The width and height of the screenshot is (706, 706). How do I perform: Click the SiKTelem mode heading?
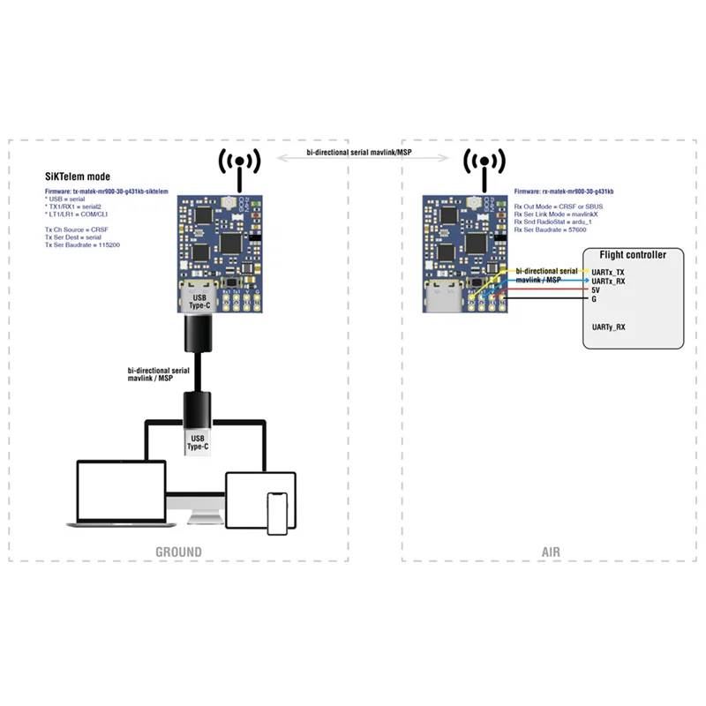pos(78,176)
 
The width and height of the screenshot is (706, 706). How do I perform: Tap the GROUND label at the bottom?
pos(179,552)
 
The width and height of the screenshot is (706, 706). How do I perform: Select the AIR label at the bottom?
pos(550,552)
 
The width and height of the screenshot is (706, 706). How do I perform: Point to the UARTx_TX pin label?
pos(607,272)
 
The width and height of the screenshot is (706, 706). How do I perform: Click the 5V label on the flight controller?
pos(596,289)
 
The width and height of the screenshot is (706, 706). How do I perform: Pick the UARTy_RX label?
pos(607,327)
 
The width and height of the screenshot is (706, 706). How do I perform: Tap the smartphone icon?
pos(279,513)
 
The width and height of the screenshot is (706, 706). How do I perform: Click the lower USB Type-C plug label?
pos(197,441)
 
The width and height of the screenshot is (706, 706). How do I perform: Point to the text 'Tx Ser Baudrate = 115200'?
pos(84,244)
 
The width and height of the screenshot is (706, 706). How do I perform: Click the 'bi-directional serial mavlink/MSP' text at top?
pos(359,153)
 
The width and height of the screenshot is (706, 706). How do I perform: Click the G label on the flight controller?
pos(593,298)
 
